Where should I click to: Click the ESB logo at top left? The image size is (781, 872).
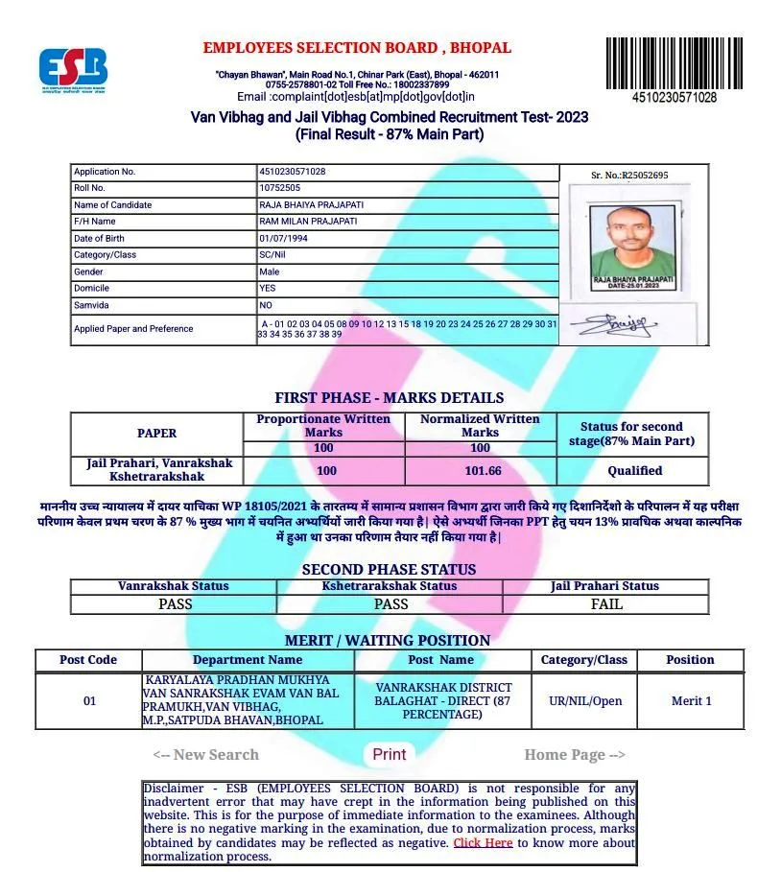(73, 69)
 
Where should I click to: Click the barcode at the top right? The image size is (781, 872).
(674, 63)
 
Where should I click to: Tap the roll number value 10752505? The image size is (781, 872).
(279, 188)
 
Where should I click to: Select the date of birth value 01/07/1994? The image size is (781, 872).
(282, 238)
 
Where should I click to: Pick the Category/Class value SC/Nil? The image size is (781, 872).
(277, 255)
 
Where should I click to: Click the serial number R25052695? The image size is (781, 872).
(630, 176)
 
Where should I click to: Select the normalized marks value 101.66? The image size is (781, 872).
(480, 471)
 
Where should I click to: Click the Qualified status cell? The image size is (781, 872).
(634, 471)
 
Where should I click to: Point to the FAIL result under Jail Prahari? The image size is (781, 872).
(606, 604)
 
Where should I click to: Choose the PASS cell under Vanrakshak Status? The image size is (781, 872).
(175, 604)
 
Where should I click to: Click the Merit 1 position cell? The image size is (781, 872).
(691, 701)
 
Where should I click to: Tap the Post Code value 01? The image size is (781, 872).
(89, 701)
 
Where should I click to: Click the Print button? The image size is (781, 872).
(389, 754)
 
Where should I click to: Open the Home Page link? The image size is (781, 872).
(575, 755)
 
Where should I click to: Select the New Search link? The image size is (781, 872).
(205, 755)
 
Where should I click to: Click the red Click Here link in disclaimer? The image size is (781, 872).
(483, 842)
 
